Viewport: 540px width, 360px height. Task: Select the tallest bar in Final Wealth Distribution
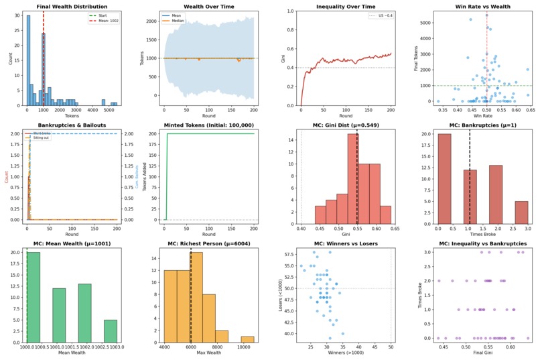click(28, 60)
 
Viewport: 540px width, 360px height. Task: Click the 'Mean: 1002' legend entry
click(104, 21)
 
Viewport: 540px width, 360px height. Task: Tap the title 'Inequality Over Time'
click(344, 6)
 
